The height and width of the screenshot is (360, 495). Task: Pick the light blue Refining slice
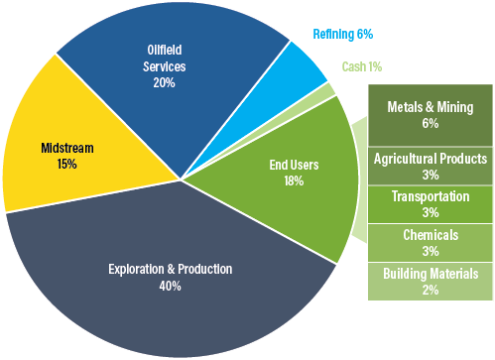(x=304, y=64)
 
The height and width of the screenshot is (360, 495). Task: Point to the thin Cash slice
(x=327, y=91)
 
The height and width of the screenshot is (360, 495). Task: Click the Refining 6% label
(x=342, y=35)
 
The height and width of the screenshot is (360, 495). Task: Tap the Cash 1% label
(x=361, y=66)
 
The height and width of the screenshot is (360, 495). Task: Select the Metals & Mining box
(x=430, y=115)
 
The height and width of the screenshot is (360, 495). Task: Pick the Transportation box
(x=430, y=204)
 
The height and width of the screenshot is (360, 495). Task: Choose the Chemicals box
(x=430, y=242)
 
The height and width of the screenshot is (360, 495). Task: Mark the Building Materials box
(x=430, y=281)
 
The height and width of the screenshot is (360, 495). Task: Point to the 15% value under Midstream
(x=66, y=164)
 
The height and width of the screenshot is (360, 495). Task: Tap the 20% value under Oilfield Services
(x=164, y=83)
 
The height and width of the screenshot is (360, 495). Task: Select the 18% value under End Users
(x=294, y=181)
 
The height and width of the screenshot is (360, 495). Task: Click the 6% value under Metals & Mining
(x=430, y=124)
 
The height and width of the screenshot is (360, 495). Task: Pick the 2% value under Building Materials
(x=430, y=290)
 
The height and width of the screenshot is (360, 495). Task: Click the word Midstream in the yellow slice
(x=66, y=149)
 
